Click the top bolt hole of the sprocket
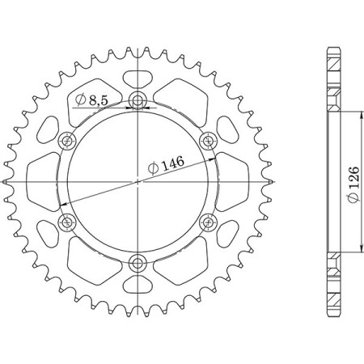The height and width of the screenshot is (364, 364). [138, 102]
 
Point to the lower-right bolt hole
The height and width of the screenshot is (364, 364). [209, 222]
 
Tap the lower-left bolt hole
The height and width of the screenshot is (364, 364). [68, 222]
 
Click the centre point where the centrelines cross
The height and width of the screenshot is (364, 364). [138, 182]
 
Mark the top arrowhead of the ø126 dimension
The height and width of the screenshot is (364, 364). [359, 114]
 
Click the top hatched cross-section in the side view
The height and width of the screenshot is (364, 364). [334, 81]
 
